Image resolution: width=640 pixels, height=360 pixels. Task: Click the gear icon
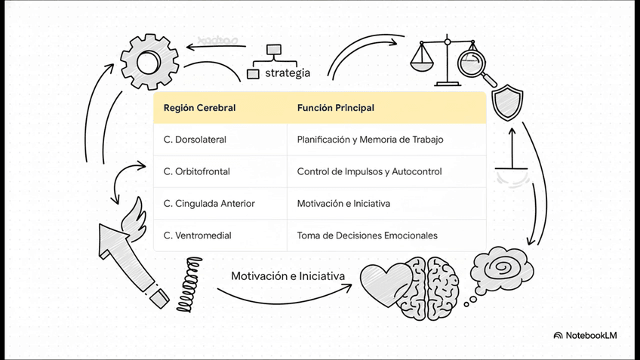coord(149,62)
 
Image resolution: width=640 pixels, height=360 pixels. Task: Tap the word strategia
coord(287,73)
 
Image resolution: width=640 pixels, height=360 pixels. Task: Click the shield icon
coord(506,102)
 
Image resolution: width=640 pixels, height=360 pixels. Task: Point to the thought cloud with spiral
coord(502,268)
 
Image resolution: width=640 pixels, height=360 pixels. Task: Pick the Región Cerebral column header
coord(199,108)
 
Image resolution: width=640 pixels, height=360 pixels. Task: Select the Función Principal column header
coord(335,108)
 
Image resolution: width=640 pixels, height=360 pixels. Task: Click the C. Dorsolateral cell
coord(195,140)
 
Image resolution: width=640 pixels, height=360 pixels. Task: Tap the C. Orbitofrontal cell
coord(196,171)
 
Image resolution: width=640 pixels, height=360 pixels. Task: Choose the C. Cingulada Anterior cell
coord(208,204)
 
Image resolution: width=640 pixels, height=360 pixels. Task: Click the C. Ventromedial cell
coord(197,235)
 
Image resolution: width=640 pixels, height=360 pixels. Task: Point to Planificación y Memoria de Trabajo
coord(370,140)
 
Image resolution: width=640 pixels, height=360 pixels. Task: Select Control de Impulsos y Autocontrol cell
coord(369,171)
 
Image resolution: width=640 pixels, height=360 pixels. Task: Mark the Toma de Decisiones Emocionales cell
coord(367,235)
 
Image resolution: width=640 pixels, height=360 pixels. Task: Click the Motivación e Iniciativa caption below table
coord(288,276)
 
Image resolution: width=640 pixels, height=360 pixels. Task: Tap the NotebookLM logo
coord(585,335)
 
